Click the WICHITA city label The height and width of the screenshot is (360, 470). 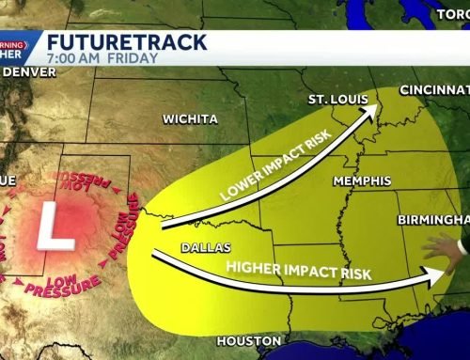click(190, 119)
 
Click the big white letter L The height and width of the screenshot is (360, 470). click(49, 228)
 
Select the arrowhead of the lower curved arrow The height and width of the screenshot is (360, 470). click(433, 276)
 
